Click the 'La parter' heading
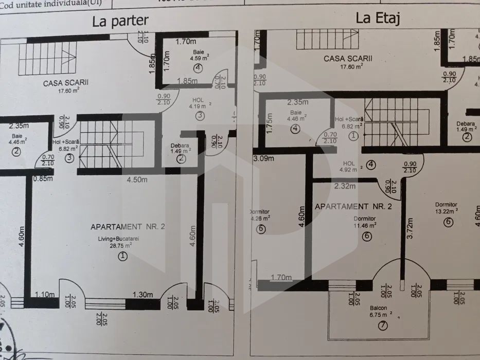tap(120, 21)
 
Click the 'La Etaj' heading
tap(378, 19)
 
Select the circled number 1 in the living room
tap(122, 256)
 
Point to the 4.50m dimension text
tap(137, 180)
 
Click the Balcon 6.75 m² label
tap(383, 313)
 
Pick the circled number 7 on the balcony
tap(383, 326)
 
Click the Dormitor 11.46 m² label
tap(365, 222)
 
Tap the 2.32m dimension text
tap(345, 186)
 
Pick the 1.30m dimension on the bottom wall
tap(143, 295)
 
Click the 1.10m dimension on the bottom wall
tap(45, 295)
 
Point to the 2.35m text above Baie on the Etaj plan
tap(298, 102)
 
